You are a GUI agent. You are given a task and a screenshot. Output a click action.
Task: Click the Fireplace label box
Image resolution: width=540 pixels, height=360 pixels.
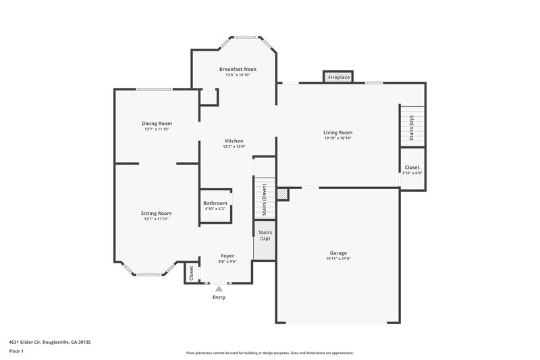click(x=339, y=78)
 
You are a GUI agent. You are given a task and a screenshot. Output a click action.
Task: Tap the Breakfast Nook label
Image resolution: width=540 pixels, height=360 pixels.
click(x=238, y=70)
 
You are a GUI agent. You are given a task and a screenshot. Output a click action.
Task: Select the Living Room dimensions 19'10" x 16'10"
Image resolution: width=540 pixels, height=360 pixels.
click(x=337, y=138)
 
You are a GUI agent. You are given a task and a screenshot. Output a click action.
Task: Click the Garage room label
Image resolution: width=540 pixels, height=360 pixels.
click(x=338, y=253)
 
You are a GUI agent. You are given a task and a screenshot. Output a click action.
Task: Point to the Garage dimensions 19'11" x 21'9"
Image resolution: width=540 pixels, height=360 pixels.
click(x=338, y=259)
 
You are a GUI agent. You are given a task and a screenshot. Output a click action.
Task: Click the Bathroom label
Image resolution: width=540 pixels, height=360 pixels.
click(x=215, y=203)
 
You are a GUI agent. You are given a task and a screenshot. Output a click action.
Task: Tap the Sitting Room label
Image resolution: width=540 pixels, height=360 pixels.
click(x=156, y=213)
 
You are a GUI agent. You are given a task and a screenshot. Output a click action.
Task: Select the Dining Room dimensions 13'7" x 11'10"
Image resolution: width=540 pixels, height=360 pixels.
click(x=157, y=129)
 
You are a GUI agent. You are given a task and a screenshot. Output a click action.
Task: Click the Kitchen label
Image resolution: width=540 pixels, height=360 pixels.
click(x=234, y=140)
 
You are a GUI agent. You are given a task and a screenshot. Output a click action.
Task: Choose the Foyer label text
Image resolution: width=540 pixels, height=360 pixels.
click(x=227, y=256)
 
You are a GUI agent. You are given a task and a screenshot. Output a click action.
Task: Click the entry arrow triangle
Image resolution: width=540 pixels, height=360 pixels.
click(x=218, y=288)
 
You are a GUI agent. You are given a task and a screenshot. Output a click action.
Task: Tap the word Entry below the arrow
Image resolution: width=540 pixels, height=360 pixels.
click(x=219, y=297)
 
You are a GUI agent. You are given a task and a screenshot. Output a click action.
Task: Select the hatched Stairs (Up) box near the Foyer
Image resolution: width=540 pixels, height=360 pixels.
click(x=264, y=239)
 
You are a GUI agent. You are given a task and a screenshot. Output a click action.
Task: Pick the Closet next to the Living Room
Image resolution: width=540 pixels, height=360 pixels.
click(x=412, y=168)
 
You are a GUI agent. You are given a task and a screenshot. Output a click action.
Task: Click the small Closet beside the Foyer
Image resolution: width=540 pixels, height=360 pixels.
click(x=192, y=273)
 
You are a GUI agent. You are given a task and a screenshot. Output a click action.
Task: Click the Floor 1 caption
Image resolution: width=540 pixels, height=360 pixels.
click(x=16, y=351)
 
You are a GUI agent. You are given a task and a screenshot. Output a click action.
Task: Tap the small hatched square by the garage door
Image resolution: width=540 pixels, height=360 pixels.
click(x=282, y=195)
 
